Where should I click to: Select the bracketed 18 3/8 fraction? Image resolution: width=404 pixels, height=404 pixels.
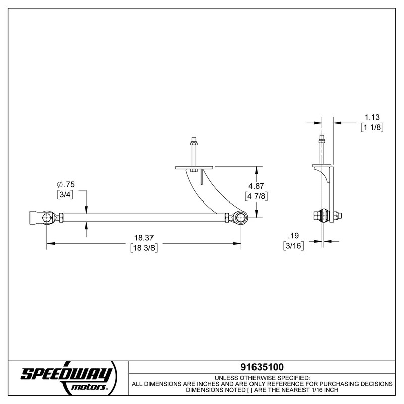point(144,248)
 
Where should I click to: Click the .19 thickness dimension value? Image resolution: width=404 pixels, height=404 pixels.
point(292,236)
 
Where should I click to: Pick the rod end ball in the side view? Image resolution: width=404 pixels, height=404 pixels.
point(323,216)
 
